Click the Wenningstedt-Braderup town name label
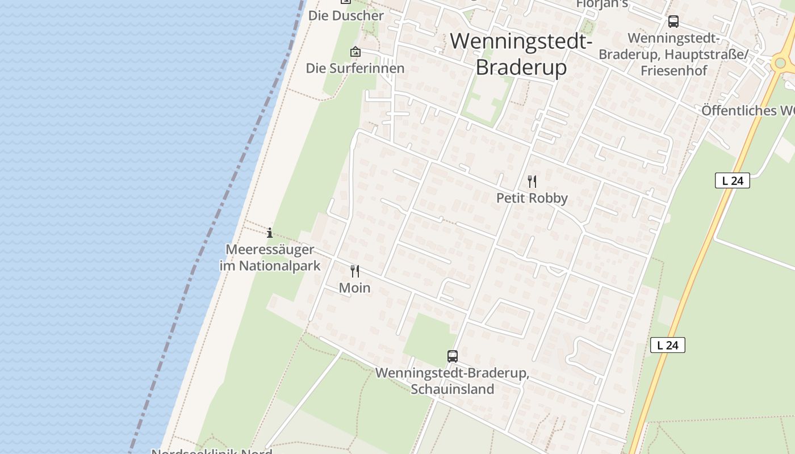pos(521,54)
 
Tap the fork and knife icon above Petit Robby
pos(532,182)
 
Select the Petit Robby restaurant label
pos(532,198)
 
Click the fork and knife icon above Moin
pos(355,271)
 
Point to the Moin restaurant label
pos(355,288)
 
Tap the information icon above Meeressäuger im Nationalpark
pos(270,233)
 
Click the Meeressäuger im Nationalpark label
pos(270,258)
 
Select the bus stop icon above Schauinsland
pos(453,356)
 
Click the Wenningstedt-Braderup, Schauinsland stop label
pos(453,381)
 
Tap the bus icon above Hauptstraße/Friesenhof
pos(673,22)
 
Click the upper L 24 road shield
pos(733,180)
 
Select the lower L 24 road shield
pos(668,345)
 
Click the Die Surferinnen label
pos(355,68)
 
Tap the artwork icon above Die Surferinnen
pos(355,52)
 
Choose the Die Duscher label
pos(346,15)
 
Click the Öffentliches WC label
pos(747,110)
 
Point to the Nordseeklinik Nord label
pos(212,451)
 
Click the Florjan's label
pos(602,4)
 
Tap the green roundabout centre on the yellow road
pos(781,62)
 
